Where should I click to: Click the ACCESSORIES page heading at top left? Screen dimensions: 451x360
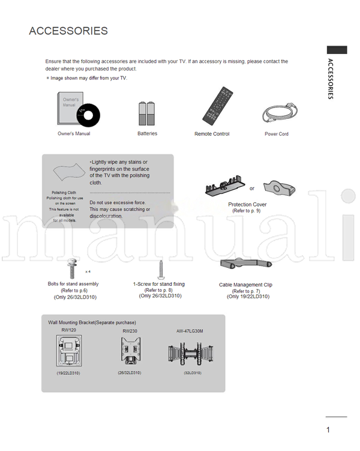click(x=68, y=31)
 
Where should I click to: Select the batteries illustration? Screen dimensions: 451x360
click(x=147, y=113)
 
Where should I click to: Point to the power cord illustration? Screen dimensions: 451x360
click(x=277, y=113)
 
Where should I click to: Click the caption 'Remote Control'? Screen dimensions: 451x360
click(x=212, y=134)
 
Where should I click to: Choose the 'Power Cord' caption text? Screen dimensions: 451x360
click(x=277, y=134)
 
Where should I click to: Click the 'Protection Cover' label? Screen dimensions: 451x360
click(x=247, y=205)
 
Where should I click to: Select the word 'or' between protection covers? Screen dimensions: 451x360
click(x=252, y=189)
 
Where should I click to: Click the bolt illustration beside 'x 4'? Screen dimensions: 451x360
click(x=71, y=268)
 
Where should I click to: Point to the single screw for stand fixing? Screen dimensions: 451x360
click(x=160, y=268)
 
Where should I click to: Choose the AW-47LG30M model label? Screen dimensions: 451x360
click(x=190, y=331)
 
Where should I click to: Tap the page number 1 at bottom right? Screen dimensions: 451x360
click(x=328, y=429)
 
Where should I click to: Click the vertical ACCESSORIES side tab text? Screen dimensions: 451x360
click(x=331, y=79)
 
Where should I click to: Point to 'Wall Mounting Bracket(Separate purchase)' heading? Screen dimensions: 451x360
click(x=92, y=322)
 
